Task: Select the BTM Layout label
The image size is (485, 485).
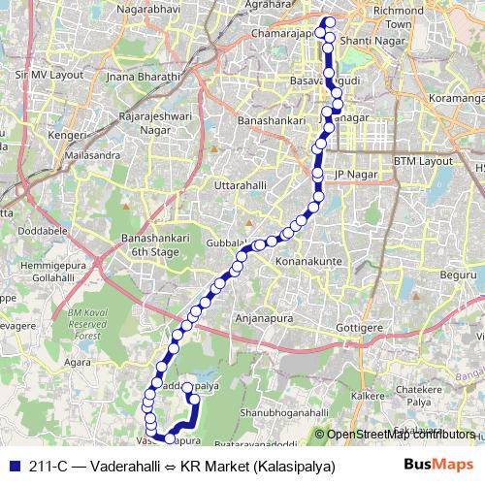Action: pyautogui.click(x=423, y=160)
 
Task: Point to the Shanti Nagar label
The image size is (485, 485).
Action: pyautogui.click(x=370, y=40)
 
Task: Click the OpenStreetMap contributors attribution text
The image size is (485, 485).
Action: pyautogui.click(x=403, y=435)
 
